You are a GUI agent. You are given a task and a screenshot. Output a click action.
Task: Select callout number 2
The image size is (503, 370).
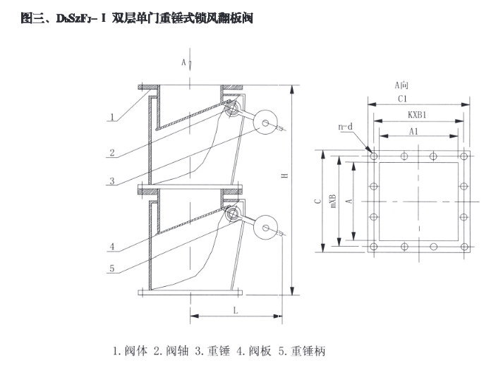tap(112, 151)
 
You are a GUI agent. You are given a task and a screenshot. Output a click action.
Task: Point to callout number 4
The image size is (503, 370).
tap(112, 247)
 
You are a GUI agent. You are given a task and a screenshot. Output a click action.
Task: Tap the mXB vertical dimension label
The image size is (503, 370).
tap(332, 199)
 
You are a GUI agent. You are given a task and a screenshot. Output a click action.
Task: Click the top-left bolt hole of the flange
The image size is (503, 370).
tap(373, 156)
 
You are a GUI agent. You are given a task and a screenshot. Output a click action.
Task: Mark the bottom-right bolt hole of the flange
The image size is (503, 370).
tap(464, 247)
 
